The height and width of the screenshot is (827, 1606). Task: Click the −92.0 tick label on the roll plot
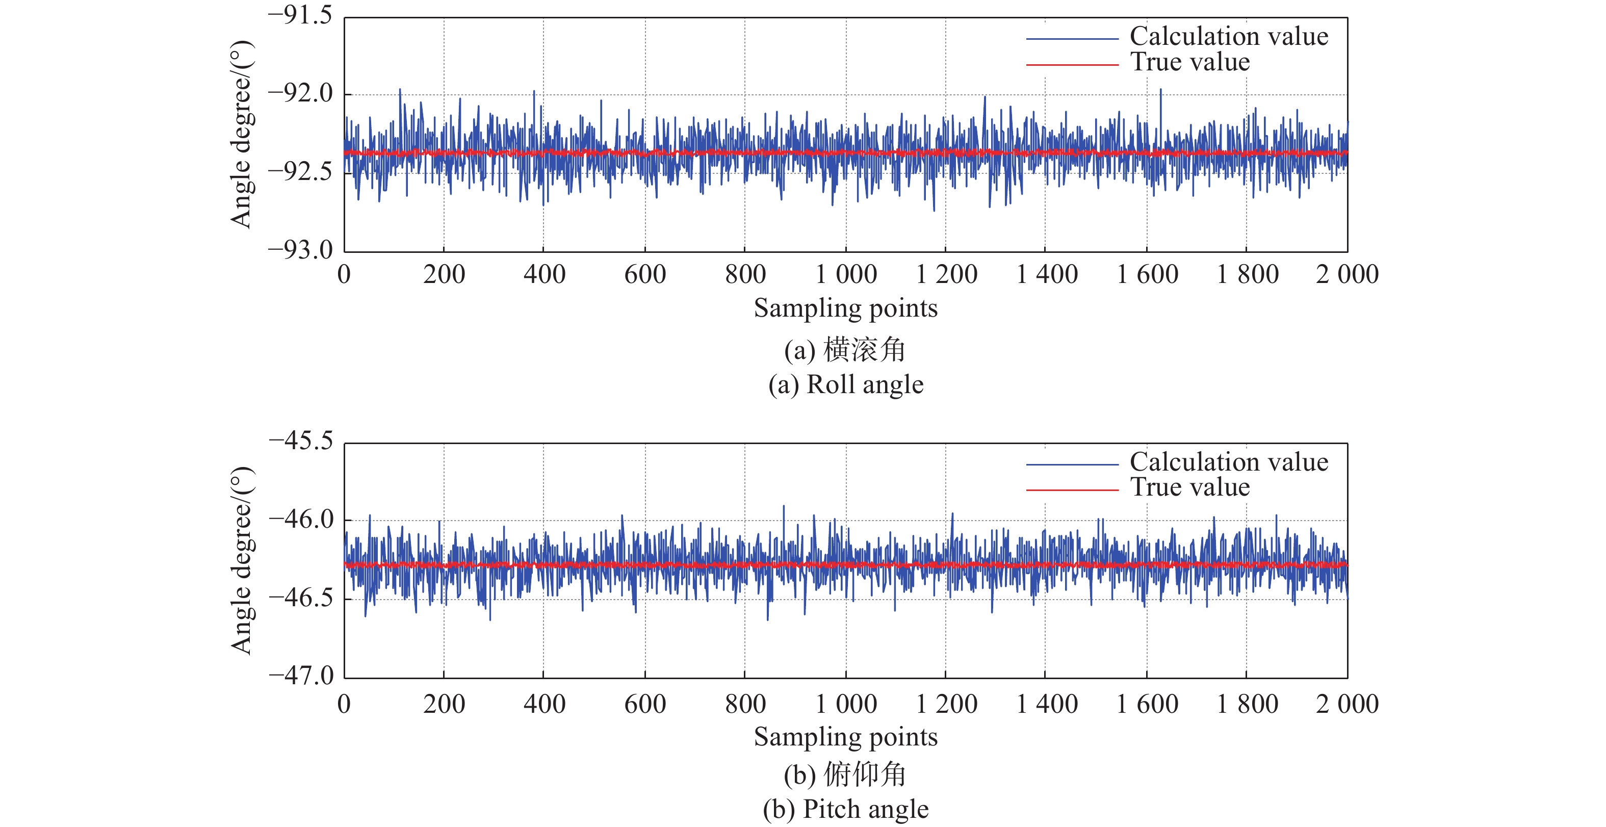pos(300,93)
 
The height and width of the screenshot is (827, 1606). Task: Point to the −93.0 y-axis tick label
pos(300,250)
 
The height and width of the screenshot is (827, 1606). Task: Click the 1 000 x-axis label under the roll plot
pos(846,274)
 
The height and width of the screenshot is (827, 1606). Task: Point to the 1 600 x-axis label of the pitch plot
pos(1147,704)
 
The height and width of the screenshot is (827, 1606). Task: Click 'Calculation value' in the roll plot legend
pos(1229,36)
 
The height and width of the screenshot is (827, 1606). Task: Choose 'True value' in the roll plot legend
pos(1190,62)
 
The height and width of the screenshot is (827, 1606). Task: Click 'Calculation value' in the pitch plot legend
pos(1229,462)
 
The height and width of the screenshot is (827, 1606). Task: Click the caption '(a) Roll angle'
pos(846,385)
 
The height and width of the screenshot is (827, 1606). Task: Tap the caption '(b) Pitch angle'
pos(846,810)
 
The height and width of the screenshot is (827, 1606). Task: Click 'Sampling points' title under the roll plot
pos(846,308)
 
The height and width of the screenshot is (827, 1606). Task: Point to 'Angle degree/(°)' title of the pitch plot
pos(242,560)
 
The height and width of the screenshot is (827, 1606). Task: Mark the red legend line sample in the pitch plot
pos(1072,490)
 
